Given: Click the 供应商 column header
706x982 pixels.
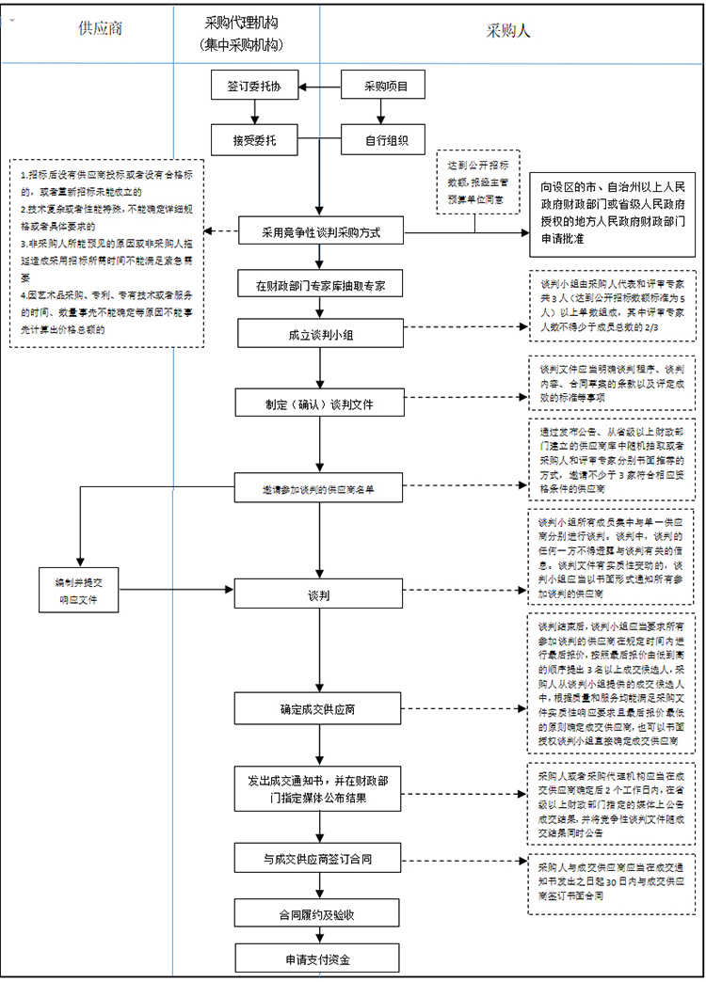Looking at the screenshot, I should (x=100, y=29).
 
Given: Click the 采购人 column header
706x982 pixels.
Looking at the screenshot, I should (x=508, y=30).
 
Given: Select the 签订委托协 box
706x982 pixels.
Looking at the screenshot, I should (x=253, y=87).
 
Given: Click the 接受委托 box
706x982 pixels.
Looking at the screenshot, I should (x=253, y=140).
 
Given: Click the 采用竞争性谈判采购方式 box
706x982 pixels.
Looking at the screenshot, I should (x=322, y=231).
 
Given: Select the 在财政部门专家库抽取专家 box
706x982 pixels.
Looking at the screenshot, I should (x=322, y=283).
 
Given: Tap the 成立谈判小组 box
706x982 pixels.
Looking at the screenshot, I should (x=322, y=333).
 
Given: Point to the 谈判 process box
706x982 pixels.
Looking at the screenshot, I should (x=322, y=595).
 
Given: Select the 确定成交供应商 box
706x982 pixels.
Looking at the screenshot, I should (x=322, y=708).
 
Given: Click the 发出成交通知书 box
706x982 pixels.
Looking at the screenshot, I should (x=322, y=789).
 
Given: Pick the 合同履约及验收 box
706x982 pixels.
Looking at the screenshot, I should (x=322, y=912).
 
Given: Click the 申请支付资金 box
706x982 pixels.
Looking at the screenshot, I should (x=322, y=958).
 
